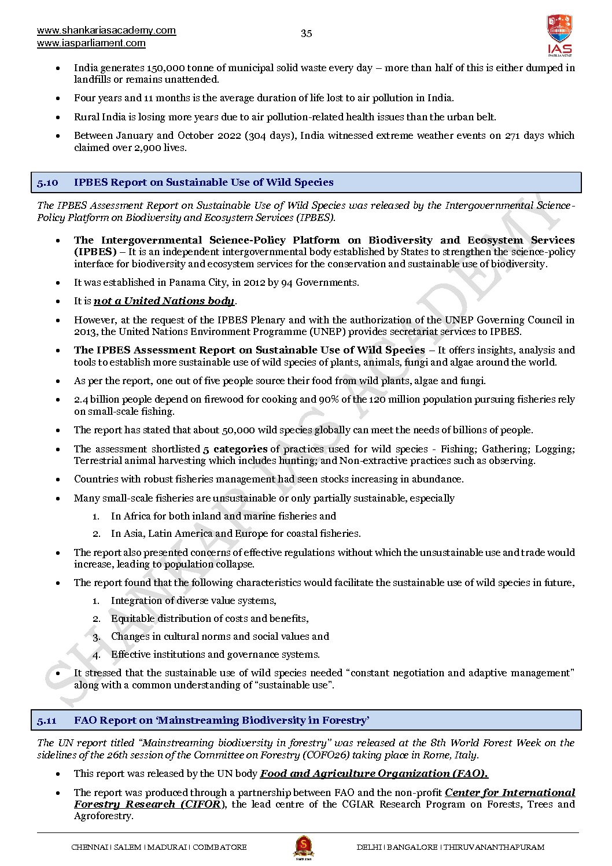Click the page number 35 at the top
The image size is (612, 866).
(306, 34)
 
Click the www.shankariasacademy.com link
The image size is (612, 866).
(106, 31)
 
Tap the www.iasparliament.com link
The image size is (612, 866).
(91, 43)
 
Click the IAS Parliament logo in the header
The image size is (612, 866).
(559, 35)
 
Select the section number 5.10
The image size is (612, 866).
(47, 182)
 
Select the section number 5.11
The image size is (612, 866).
(47, 720)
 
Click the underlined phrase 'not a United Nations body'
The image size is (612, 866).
(164, 301)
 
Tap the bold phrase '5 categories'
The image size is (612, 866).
(235, 449)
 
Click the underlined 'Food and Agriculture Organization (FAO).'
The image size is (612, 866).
(374, 773)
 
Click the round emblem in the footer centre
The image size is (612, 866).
(303, 847)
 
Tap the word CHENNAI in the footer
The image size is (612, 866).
(89, 847)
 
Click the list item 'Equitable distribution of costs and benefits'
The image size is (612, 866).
(209, 618)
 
